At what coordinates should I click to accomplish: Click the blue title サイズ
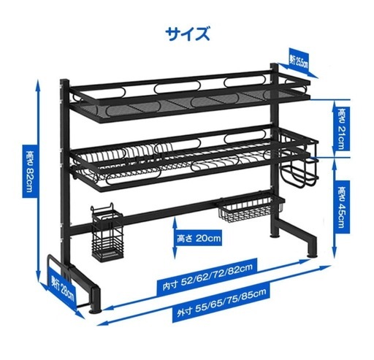click(x=188, y=34)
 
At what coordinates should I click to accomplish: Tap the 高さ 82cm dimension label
click(x=30, y=172)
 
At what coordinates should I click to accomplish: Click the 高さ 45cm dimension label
click(x=341, y=207)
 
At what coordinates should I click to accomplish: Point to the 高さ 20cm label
click(x=199, y=238)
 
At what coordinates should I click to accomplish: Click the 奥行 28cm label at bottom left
click(x=62, y=288)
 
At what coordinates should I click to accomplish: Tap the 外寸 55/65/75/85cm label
click(x=221, y=302)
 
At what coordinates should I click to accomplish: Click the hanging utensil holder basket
click(x=107, y=233)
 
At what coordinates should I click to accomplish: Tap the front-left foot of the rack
click(x=96, y=300)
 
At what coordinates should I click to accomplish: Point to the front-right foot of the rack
click(x=313, y=247)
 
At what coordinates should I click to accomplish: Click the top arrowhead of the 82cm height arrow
click(x=38, y=83)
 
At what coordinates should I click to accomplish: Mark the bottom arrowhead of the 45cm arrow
click(x=335, y=253)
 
